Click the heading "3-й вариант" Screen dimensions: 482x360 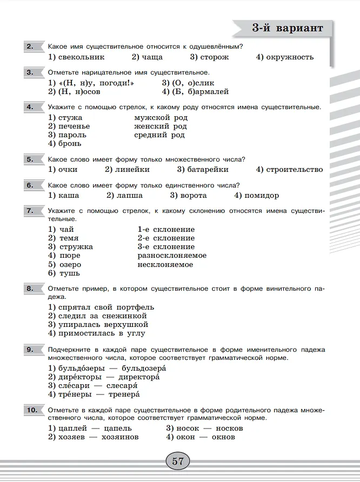(288, 29)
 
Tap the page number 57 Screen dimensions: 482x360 (178, 461)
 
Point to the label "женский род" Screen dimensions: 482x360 (161, 126)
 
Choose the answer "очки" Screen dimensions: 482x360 (68, 169)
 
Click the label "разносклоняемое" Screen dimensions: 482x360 (172, 256)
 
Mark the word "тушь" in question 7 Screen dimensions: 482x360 (69, 273)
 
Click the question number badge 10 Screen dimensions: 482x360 (32, 411)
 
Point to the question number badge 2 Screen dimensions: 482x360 (30, 46)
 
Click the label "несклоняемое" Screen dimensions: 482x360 (165, 265)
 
